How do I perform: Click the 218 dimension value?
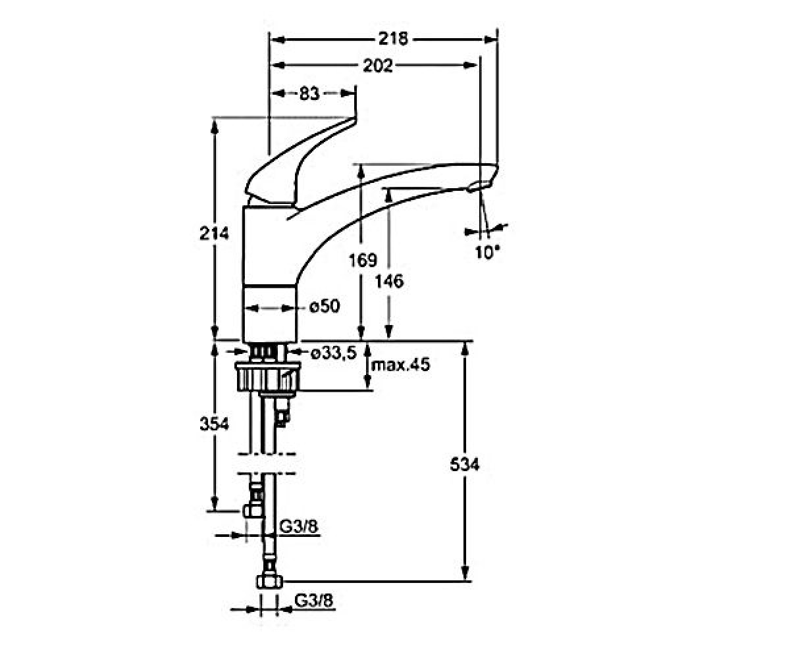(x=394, y=39)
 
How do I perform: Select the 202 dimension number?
(x=378, y=66)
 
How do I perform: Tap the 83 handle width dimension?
(x=309, y=93)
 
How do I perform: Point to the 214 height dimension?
(x=214, y=234)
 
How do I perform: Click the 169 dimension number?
(x=363, y=260)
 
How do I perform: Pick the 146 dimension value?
(x=389, y=281)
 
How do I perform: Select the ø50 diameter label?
(x=325, y=306)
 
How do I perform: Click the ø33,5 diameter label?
(x=334, y=353)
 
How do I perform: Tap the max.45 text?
(x=401, y=365)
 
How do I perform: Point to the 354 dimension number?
(x=214, y=424)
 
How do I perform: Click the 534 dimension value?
(x=465, y=465)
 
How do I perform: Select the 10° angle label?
(x=488, y=252)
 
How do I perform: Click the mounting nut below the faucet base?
(x=268, y=376)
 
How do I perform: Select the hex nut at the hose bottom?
(x=269, y=582)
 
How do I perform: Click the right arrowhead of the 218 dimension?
(x=490, y=39)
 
